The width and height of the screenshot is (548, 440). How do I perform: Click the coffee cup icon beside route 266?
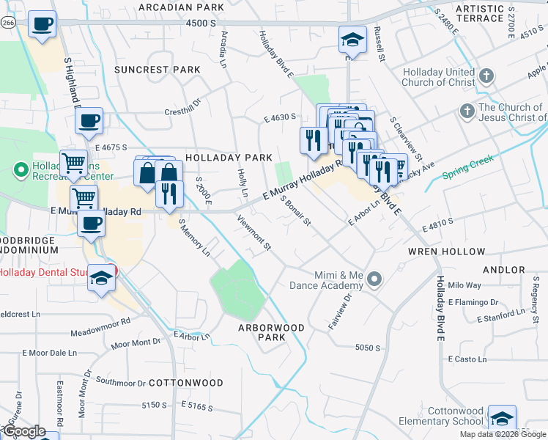(x=42, y=23)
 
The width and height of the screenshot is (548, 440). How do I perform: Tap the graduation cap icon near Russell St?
(x=352, y=40)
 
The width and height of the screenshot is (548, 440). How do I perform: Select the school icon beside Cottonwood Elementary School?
(x=502, y=419)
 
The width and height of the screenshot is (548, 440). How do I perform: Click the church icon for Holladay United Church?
(x=486, y=76)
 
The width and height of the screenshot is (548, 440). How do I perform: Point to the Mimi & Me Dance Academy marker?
(x=375, y=279)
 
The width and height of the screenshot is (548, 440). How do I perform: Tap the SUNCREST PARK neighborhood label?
(x=157, y=70)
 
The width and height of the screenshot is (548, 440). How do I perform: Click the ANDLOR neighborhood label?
(x=505, y=270)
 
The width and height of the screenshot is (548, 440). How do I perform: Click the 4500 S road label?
(x=201, y=23)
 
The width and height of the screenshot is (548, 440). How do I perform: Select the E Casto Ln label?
(x=467, y=359)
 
